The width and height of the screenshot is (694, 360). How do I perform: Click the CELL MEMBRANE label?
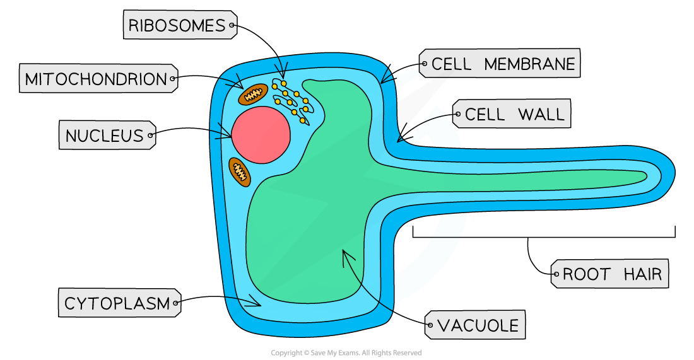[500, 64]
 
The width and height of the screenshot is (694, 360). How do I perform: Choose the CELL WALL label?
[512, 115]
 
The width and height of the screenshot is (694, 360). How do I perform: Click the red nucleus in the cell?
[261, 134]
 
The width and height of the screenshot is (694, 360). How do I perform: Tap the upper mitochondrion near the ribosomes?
[253, 95]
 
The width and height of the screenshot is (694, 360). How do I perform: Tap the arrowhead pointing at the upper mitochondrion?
[240, 86]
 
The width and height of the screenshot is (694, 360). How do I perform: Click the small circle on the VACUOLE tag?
[430, 326]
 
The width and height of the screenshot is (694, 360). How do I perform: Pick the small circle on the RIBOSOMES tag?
[232, 26]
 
